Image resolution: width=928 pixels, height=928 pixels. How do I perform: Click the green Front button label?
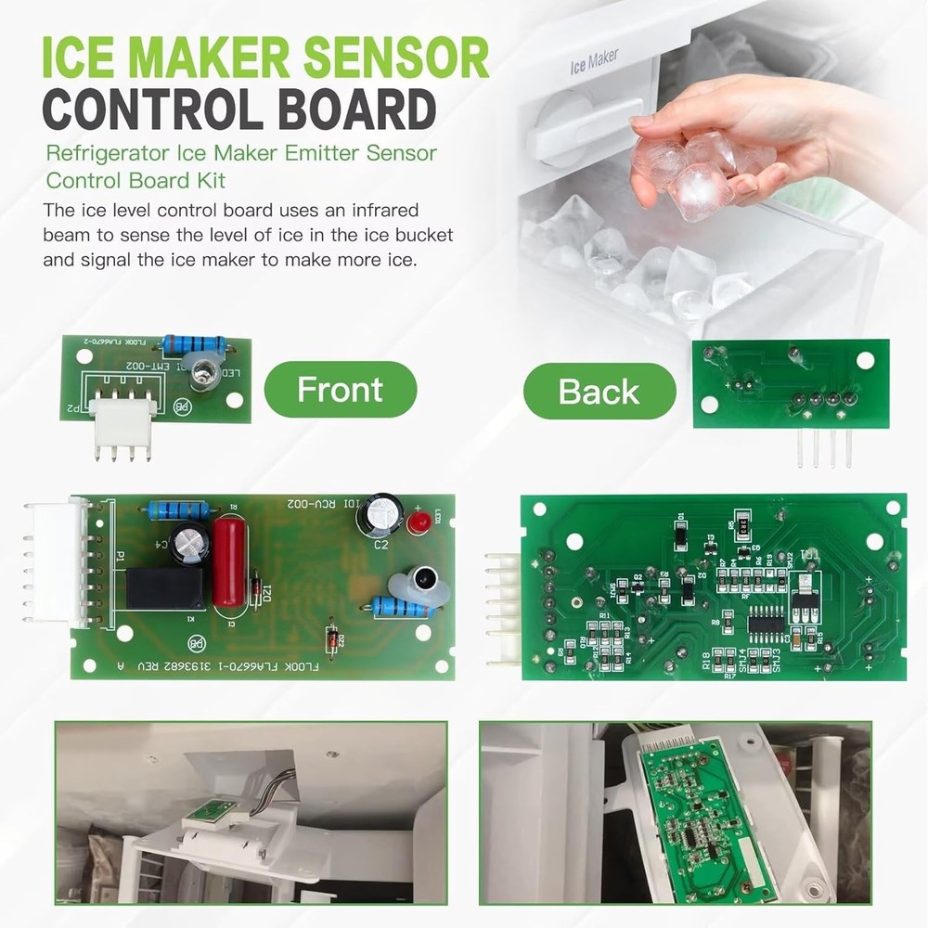point(340,390)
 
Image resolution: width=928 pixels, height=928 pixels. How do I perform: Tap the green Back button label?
point(599,392)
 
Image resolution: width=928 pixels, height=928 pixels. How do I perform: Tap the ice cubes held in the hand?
point(691,172)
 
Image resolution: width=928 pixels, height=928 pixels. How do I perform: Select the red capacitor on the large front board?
point(226,562)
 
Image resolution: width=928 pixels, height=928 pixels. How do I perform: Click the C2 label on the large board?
point(380,546)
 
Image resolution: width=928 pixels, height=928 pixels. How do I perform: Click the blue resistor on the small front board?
point(192,346)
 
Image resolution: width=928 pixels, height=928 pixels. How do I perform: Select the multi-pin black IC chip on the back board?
point(768,617)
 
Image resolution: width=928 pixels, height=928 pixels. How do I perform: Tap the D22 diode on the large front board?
point(331,638)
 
